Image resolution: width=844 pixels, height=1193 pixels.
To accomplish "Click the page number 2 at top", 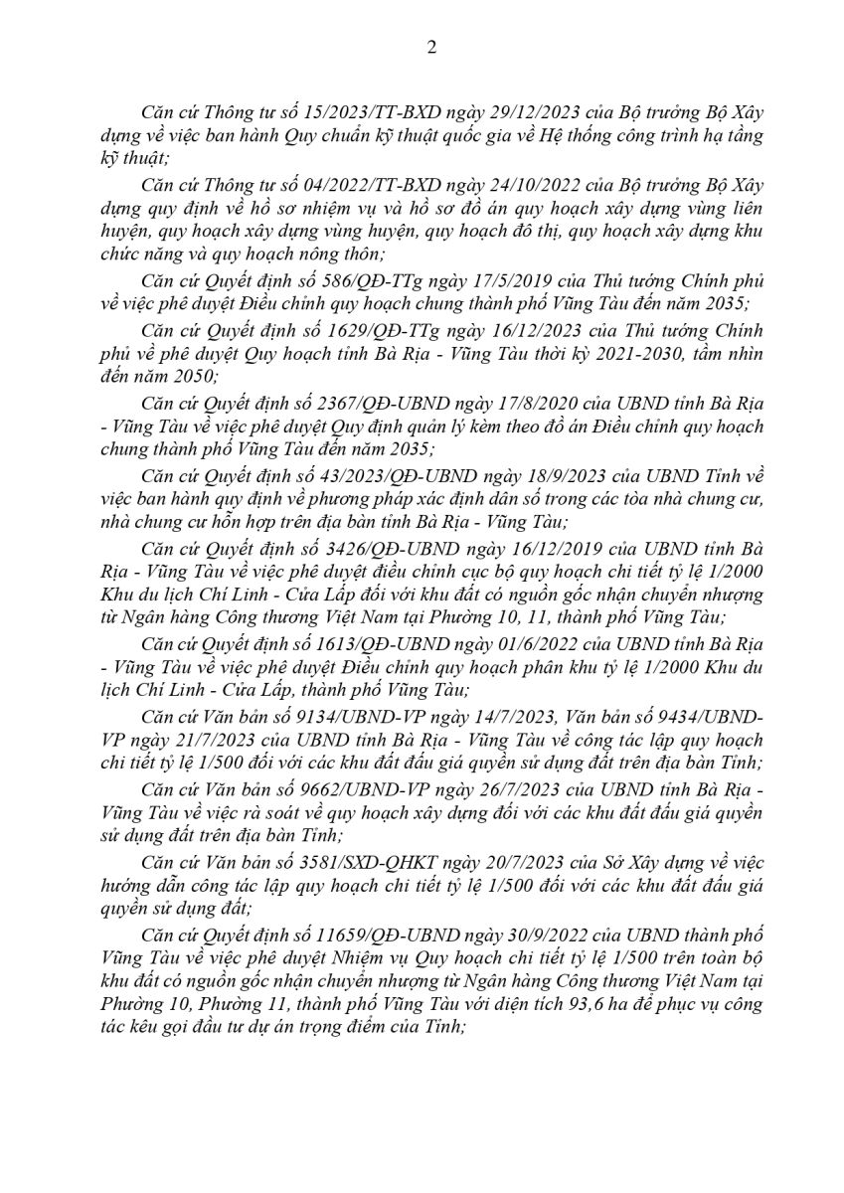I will click(430, 47).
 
